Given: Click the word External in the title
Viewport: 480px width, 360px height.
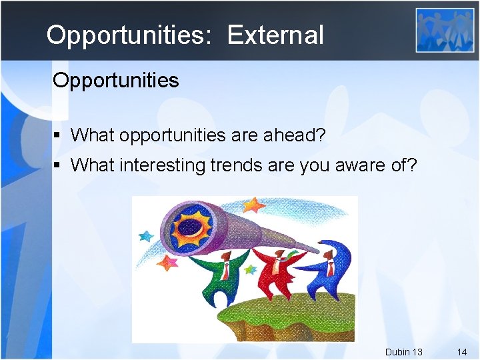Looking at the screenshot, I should click(275, 35).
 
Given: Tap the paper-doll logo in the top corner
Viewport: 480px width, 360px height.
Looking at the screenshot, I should click(445, 30).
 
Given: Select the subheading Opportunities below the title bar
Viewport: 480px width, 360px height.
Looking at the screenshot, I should click(116, 81).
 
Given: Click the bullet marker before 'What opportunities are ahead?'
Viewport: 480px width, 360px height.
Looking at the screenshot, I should click(58, 135).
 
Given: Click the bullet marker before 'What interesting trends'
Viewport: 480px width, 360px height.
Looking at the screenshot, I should click(58, 165).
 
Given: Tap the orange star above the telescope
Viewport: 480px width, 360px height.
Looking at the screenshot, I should click(253, 204).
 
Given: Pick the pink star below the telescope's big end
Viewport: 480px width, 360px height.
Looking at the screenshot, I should click(167, 263).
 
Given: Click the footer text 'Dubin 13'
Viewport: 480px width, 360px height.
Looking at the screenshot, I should click(403, 351).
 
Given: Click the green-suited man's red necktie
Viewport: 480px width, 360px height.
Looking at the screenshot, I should click(226, 270).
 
